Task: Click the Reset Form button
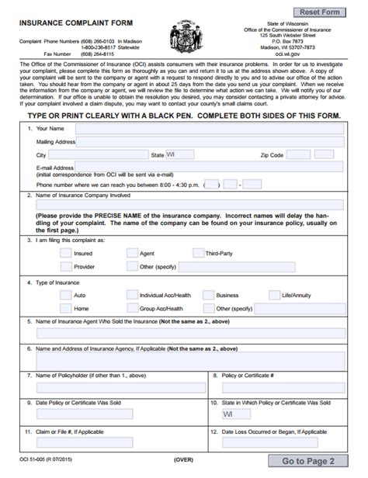pyautogui.click(x=319, y=12)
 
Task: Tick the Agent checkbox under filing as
pyautogui.click(x=130, y=253)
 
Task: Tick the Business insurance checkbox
pyautogui.click(x=207, y=295)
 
